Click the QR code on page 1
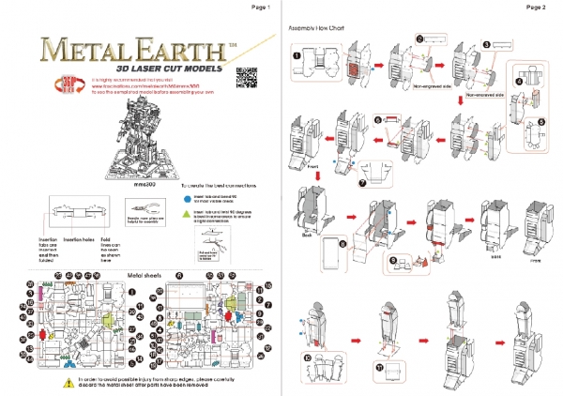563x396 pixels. pos(247,75)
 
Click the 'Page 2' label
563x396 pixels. pos(537,7)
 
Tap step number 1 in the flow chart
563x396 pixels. pos(297,54)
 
